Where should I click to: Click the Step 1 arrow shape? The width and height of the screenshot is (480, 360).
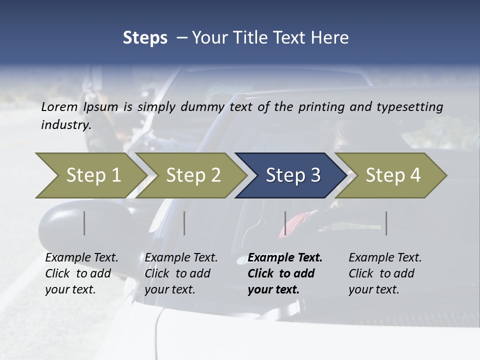[90, 175]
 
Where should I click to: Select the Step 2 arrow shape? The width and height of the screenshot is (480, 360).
[190, 175]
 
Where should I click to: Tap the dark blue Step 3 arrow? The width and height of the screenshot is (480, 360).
[290, 175]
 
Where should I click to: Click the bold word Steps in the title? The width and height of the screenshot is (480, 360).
[145, 38]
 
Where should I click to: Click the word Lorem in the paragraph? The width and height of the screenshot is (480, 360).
[59, 106]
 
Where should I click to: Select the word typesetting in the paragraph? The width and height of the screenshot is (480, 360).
[411, 106]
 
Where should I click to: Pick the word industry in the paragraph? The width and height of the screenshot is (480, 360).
[65, 125]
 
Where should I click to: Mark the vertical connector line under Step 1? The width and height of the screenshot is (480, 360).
[84, 223]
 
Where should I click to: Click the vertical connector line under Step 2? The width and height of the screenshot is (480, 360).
[184, 223]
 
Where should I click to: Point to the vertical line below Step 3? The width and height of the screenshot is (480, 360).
[285, 223]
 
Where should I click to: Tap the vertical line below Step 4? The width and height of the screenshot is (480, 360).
[386, 223]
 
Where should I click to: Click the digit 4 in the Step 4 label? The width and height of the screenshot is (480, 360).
[415, 175]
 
